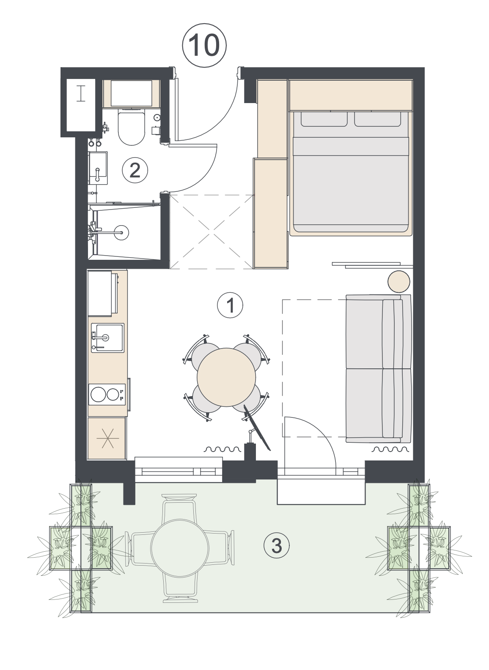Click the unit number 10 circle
pos(204,46)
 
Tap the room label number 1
pos(230,305)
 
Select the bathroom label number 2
pos(135,170)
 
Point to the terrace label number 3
pos(276,545)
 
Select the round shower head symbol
pos(122,232)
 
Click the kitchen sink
pos(107,338)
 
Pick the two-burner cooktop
pos(107,395)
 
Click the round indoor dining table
pos(226,378)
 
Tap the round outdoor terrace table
pos(180,546)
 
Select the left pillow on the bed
pos(324,119)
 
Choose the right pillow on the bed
pos(378,119)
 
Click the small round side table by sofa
pos(398,281)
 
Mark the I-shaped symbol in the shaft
pos(80,94)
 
